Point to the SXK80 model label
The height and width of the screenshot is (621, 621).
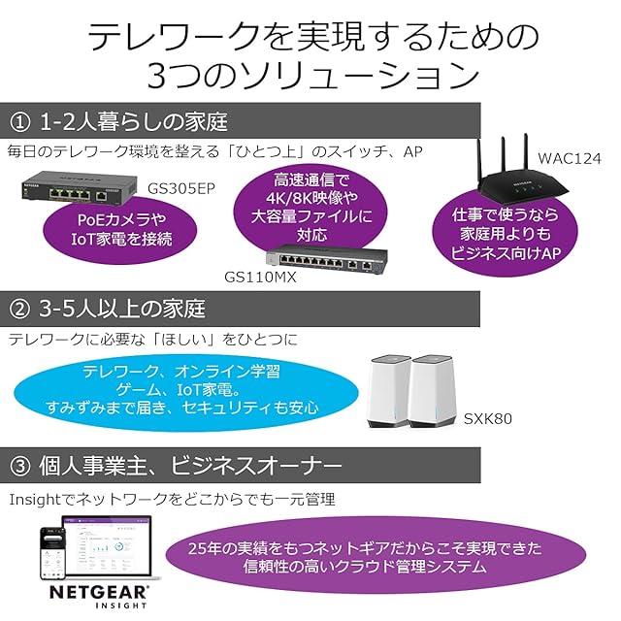coord(487,419)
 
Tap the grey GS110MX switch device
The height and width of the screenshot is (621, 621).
coord(327,260)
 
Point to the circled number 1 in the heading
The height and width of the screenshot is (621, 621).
coord(21,122)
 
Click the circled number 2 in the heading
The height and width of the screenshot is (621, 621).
coord(21,311)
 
